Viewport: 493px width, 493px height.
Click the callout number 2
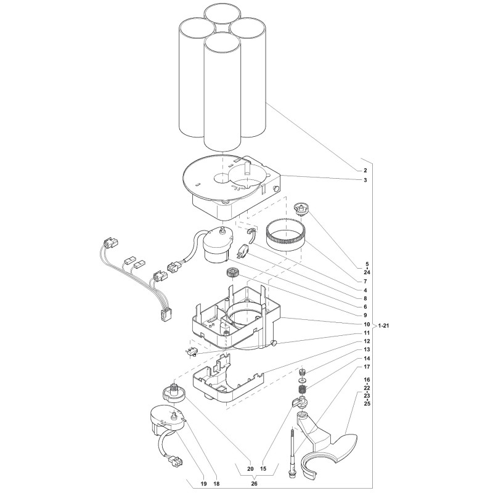tap(365, 171)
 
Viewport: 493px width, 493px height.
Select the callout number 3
tap(365, 180)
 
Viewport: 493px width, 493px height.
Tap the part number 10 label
tap(367, 325)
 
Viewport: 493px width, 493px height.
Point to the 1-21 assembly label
tap(383, 326)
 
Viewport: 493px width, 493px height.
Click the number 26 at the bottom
tap(255, 484)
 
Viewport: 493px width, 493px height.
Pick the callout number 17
tap(367, 367)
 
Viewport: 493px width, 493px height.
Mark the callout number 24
tap(367, 272)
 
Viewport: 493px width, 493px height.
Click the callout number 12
tap(367, 341)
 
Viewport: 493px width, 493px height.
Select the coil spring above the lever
tap(303, 391)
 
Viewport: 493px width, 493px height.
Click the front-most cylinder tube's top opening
tap(222, 43)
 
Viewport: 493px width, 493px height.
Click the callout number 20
tap(250, 469)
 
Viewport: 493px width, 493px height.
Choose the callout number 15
tap(263, 469)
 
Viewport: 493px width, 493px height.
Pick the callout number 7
tap(365, 282)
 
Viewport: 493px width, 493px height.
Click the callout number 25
tap(367, 404)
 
